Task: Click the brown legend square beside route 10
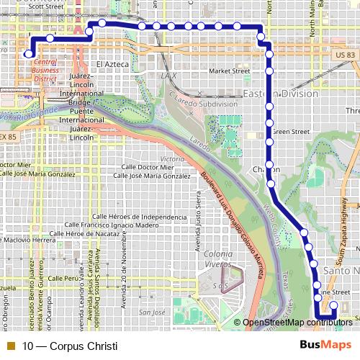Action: (x=10, y=346)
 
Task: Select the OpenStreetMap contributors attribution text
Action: (x=297, y=323)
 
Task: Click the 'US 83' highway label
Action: (x=344, y=55)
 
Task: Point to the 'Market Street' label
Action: (x=229, y=71)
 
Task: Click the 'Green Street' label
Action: (x=290, y=132)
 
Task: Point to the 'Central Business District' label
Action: (x=45, y=71)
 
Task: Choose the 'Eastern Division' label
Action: (x=280, y=94)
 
